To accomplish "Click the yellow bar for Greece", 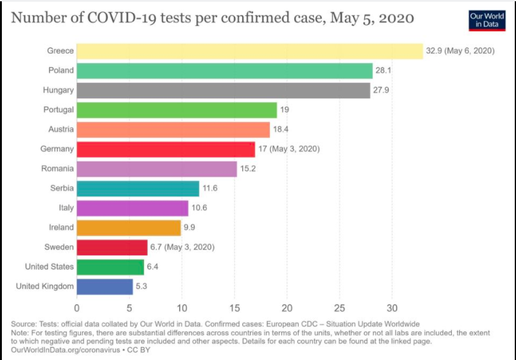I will point(250,51).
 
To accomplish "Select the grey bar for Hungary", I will point(223,90).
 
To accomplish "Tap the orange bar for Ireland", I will point(129,227).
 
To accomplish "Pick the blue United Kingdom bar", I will point(104,286).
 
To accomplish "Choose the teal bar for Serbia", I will point(138,188).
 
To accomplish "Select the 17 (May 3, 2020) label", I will point(289,149).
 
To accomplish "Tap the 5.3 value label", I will point(142,286).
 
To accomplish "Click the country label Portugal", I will point(59,109).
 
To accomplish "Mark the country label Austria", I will point(61,129).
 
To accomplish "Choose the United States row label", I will point(49,267).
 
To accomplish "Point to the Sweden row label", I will point(59,247).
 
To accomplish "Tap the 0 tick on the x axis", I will point(77,307).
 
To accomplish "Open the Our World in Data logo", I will point(488,19).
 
